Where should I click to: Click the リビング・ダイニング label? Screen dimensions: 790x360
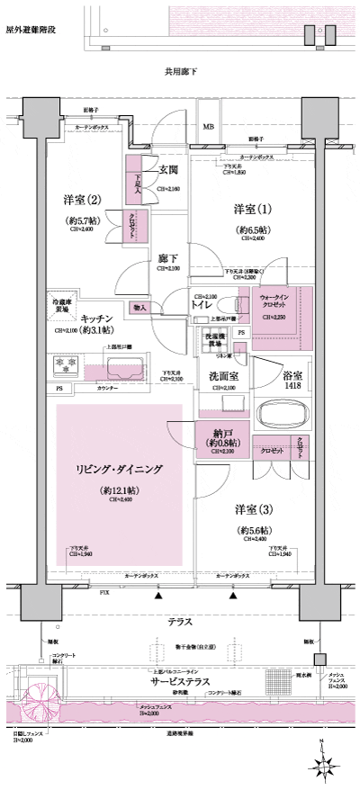[x=119, y=469]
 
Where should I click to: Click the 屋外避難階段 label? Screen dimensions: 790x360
[x=31, y=30]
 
